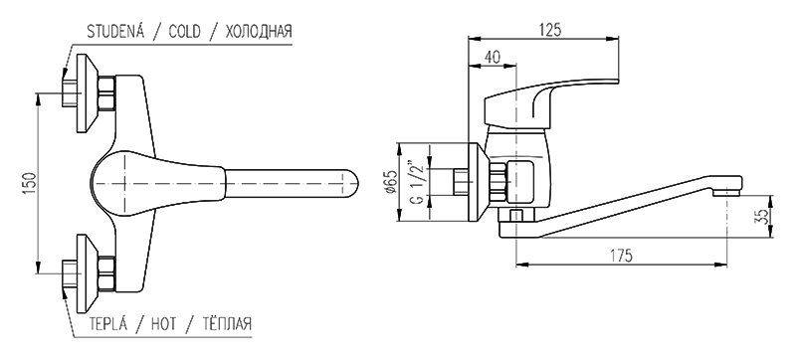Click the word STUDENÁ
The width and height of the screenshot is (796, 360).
point(115,32)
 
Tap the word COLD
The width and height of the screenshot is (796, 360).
point(184,32)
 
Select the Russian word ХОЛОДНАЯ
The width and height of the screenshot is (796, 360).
point(258,32)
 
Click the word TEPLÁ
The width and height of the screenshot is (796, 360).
point(107,323)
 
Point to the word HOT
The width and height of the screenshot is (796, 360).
point(163,323)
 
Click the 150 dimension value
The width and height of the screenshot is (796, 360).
point(30,184)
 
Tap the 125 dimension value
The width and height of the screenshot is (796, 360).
point(549,30)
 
